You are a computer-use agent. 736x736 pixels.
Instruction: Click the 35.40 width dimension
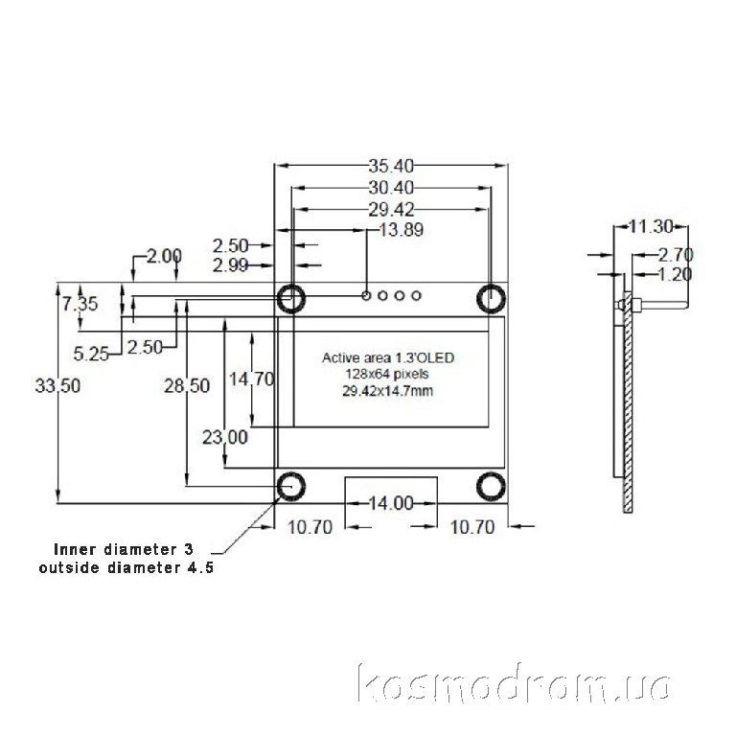[391, 166]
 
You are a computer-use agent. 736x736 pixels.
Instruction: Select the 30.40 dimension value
[391, 188]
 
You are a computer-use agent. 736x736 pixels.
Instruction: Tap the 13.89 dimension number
[401, 230]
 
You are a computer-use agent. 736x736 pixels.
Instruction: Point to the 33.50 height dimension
[57, 386]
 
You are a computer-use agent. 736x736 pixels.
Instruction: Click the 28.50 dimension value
[187, 386]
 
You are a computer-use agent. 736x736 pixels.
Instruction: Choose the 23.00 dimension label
[225, 437]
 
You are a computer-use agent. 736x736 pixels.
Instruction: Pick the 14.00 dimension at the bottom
[391, 503]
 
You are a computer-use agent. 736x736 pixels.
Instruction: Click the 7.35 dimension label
[80, 304]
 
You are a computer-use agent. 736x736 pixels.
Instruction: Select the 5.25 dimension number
[91, 354]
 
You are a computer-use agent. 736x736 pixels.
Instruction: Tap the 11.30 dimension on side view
[651, 227]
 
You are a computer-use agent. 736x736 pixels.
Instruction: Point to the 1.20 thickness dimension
[675, 275]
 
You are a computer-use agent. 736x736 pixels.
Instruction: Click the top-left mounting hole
[291, 299]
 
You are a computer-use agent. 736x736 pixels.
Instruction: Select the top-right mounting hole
[491, 299]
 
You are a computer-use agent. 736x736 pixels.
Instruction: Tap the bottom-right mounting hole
[491, 486]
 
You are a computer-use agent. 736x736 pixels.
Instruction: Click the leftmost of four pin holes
[366, 296]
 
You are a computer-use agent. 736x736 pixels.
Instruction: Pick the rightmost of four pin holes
[416, 296]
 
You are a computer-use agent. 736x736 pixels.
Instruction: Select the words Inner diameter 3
[124, 549]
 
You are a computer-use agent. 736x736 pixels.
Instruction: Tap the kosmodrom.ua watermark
[514, 682]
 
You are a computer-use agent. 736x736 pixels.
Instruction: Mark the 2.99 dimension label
[230, 265]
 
